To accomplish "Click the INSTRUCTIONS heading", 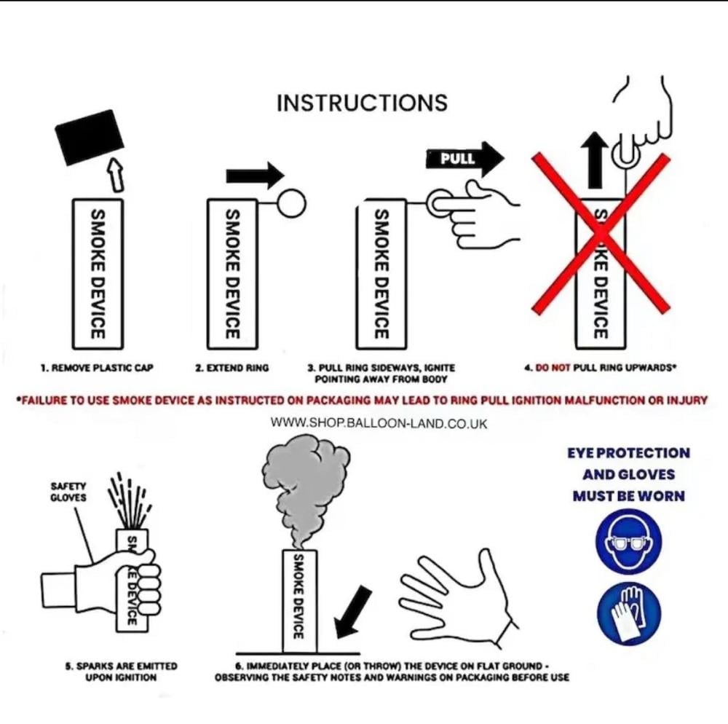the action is (x=362, y=103).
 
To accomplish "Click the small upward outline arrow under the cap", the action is (x=116, y=173).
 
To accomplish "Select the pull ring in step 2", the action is (x=292, y=203).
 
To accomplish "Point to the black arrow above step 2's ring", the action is (x=255, y=176).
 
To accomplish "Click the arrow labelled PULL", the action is (x=465, y=159).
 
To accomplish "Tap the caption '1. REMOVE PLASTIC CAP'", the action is (x=97, y=368).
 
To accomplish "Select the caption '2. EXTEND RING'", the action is (x=232, y=368).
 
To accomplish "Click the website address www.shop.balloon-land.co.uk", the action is (x=379, y=423).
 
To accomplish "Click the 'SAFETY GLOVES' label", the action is (x=68, y=492).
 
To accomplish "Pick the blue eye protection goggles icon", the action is (x=629, y=542).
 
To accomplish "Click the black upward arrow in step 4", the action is (x=595, y=161).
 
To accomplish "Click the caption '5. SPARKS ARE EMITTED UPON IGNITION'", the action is (x=121, y=672).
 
